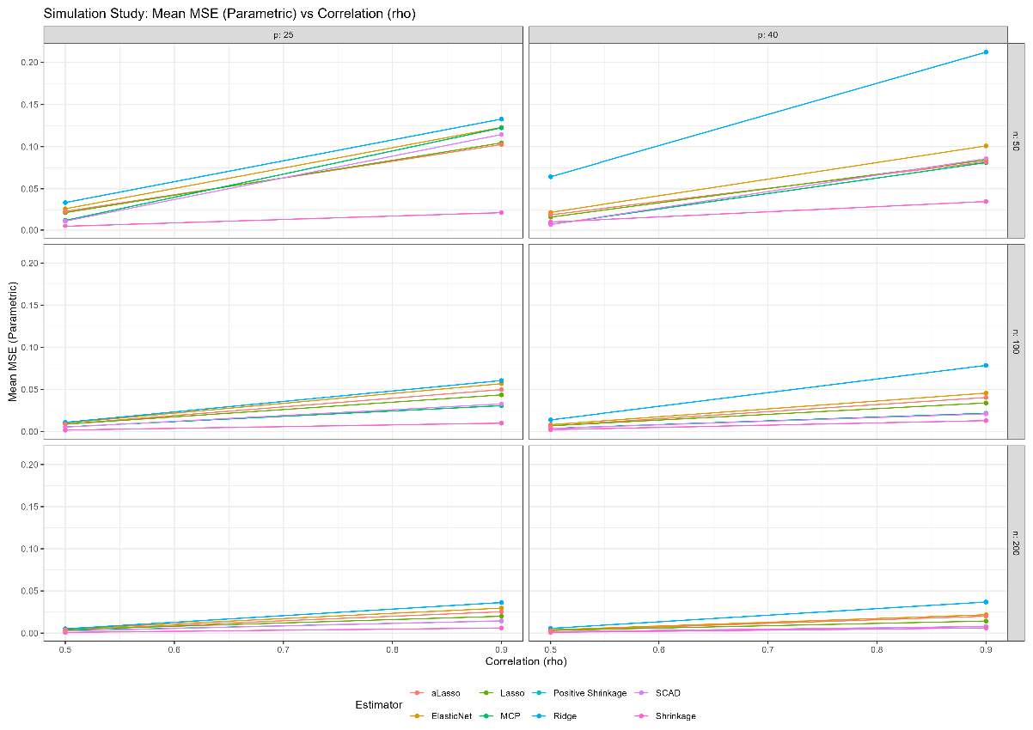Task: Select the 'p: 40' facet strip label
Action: [x=767, y=34]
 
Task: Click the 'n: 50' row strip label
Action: [x=1016, y=141]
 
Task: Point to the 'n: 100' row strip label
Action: [x=1016, y=342]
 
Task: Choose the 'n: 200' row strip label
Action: [x=1016, y=544]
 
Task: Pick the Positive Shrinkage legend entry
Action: [x=590, y=693]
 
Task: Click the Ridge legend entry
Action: [x=564, y=715]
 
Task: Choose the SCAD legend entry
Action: [x=667, y=693]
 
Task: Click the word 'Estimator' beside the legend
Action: [x=379, y=704]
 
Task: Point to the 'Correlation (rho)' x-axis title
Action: [x=526, y=662]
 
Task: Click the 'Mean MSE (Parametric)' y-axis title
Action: [x=13, y=342]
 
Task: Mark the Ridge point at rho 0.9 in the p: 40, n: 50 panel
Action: [x=986, y=52]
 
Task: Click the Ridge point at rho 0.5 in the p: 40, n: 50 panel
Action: [x=550, y=177]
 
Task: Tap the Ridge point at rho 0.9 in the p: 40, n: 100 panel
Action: [x=986, y=366]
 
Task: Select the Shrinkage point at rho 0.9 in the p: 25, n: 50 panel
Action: [x=501, y=212]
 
